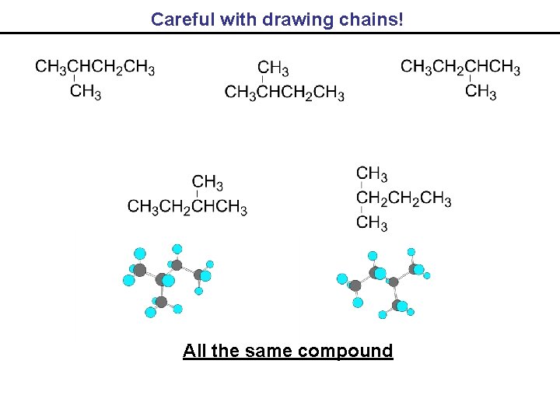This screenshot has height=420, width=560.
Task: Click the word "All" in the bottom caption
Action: click(x=194, y=351)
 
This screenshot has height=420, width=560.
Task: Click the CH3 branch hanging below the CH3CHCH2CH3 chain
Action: click(x=86, y=92)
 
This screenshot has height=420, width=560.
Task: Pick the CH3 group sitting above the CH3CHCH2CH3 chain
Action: click(x=274, y=68)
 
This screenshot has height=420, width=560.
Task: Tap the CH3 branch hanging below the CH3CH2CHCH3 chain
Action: click(x=481, y=92)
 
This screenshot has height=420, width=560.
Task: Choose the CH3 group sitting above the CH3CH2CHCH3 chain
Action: click(x=208, y=184)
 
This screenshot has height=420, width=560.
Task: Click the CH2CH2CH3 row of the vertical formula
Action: click(x=404, y=199)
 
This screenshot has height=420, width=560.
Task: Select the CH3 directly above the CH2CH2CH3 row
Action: click(x=372, y=173)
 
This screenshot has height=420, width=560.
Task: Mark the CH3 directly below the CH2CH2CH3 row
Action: click(x=372, y=224)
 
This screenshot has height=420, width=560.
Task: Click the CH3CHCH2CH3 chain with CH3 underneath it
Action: click(x=95, y=67)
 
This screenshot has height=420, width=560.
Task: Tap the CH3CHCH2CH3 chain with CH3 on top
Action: click(x=285, y=93)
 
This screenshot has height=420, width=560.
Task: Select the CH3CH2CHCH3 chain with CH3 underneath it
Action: click(x=460, y=67)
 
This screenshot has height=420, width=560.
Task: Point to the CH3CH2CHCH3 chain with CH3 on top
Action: click(x=187, y=208)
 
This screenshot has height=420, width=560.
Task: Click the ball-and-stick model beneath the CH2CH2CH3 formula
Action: click(x=383, y=282)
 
